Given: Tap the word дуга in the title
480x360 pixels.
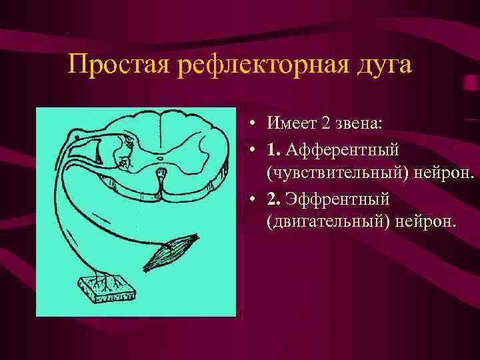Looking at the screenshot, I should (385, 65).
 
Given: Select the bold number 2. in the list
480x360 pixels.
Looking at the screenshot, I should (273, 199).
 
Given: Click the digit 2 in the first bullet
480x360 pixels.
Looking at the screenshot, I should (323, 123).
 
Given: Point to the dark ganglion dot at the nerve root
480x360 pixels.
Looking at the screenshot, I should (78, 137).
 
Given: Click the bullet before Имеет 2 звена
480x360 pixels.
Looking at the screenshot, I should (255, 124).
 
